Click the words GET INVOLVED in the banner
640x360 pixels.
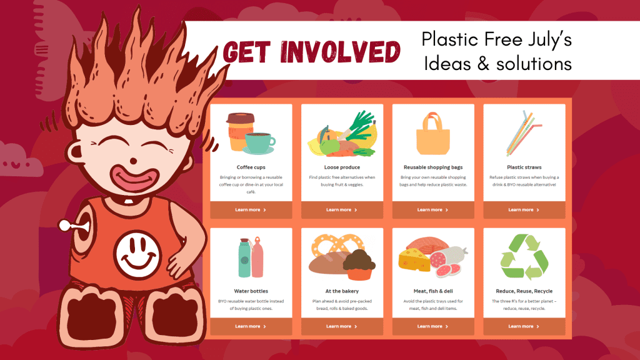click(312, 52)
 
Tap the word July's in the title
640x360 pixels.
click(549, 40)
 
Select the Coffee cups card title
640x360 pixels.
click(251, 167)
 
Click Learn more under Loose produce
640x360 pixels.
click(342, 210)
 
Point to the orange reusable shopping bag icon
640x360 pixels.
click(433, 134)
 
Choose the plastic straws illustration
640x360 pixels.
click(524, 133)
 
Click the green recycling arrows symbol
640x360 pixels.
click(524, 257)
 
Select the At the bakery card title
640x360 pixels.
click(342, 291)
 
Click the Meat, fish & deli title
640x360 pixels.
click(433, 291)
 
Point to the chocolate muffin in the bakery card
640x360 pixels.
click(359, 265)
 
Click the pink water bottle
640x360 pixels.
click(257, 257)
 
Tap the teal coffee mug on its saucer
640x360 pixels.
click(259, 143)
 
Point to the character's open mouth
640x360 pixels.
click(134, 178)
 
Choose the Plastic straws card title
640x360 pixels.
click(524, 167)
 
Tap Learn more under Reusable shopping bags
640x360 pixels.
click(433, 210)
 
